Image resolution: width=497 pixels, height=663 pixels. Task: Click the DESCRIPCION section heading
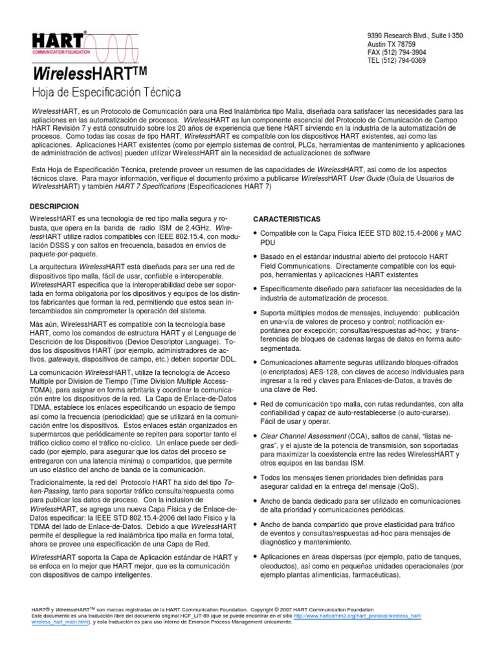tap(59, 205)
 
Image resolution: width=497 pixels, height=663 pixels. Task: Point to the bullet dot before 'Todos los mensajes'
tap(255, 477)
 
